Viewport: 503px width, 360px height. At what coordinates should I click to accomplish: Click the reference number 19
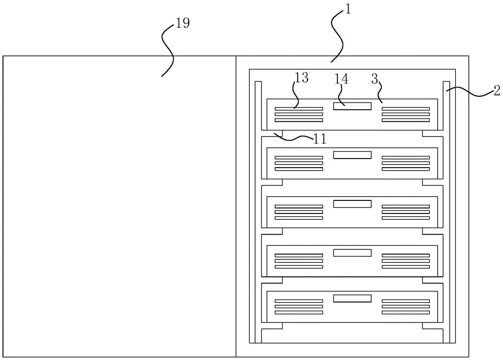point(183,24)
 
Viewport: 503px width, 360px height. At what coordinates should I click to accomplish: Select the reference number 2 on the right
point(496,91)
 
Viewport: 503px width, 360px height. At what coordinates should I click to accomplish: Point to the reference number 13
point(301,78)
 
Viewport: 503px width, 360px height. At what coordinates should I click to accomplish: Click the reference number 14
point(342,79)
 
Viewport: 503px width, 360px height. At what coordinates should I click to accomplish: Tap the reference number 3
point(374,78)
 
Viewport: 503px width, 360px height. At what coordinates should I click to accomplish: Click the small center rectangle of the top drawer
point(352,106)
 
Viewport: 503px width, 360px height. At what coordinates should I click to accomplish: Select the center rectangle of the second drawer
point(352,155)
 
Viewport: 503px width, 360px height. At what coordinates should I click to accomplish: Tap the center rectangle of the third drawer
point(352,204)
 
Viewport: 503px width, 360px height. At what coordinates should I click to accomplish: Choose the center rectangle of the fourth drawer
point(352,252)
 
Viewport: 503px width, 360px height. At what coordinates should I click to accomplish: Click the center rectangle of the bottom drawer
point(352,299)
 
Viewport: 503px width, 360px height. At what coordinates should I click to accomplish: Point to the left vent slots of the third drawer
point(299,212)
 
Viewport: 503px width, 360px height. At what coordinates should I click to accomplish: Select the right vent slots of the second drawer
point(405,164)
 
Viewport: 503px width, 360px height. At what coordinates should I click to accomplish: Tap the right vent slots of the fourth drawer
point(405,260)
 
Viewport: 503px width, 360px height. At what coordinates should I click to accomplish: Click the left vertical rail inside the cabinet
point(258,211)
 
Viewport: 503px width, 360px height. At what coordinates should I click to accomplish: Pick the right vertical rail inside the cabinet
point(446,211)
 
